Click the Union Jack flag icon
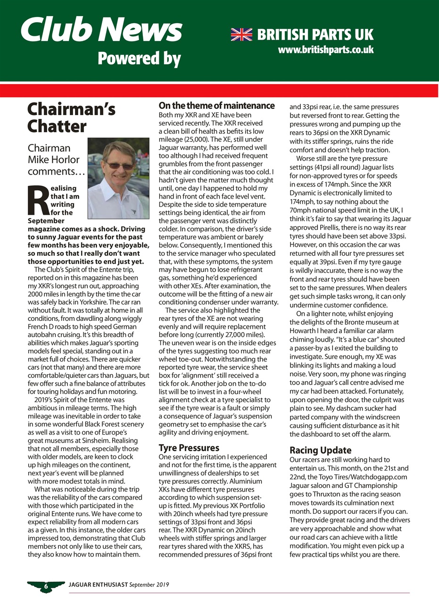[x=241, y=34]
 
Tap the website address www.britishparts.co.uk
[x=326, y=50]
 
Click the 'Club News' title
[x=101, y=29]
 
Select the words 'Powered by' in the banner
[x=139, y=59]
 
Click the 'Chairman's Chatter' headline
[x=71, y=117]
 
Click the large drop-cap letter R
[x=38, y=200]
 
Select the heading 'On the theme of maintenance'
[x=216, y=106]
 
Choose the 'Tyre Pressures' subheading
[x=189, y=447]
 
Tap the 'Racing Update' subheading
[x=320, y=450]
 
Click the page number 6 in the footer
[x=46, y=585]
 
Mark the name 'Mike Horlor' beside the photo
[x=54, y=159]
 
